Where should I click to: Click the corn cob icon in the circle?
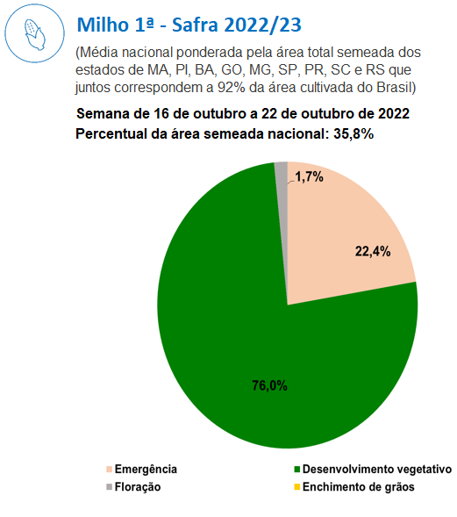[x=34, y=34]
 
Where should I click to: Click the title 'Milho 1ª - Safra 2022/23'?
[x=189, y=25]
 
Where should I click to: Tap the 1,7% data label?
[x=309, y=177]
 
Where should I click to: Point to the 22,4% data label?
[x=373, y=252]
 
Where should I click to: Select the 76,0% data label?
[x=269, y=385]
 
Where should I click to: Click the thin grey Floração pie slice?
[x=282, y=171]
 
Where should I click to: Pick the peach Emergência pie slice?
[x=343, y=237]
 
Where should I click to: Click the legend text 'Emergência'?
[x=146, y=469]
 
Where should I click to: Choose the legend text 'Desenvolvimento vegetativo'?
[x=377, y=469]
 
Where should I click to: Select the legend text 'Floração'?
[x=138, y=487]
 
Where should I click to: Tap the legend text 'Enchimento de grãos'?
[x=359, y=487]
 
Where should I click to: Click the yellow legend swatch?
[x=296, y=486]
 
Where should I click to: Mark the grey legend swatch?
[x=110, y=486]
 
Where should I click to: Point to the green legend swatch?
[x=296, y=470]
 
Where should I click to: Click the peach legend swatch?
[x=110, y=470]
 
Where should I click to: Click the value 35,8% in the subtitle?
[x=353, y=134]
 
